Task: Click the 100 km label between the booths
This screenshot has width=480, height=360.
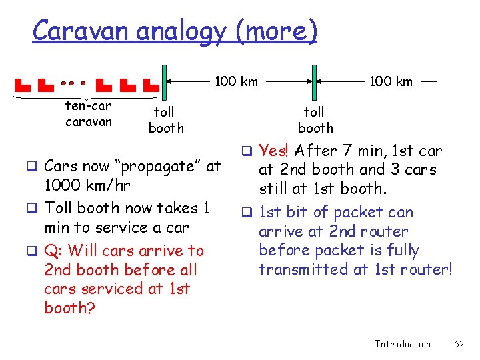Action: click(236, 82)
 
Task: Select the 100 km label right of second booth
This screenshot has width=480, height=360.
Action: click(391, 82)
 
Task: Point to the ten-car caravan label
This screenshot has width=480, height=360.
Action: click(89, 114)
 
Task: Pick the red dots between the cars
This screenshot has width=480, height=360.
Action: click(73, 84)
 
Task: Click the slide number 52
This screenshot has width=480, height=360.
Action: click(459, 344)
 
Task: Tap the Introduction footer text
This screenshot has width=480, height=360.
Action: click(403, 344)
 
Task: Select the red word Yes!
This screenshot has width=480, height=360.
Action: click(273, 151)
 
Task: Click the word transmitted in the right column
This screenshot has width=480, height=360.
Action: click(301, 269)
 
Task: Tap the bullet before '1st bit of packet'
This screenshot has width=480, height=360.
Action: click(245, 213)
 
